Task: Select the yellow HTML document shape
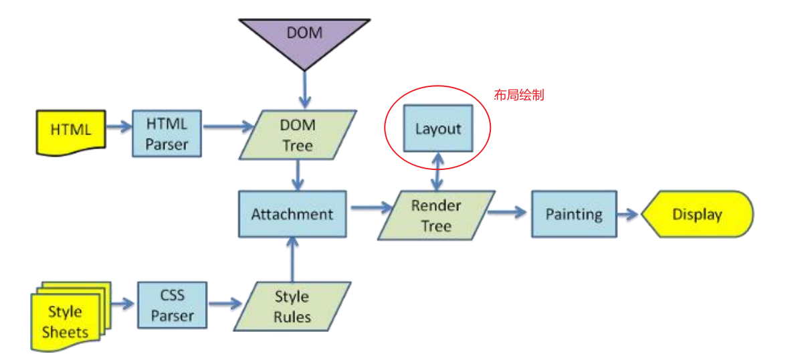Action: (x=70, y=131)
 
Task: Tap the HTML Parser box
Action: (x=167, y=133)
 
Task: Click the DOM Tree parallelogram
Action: (x=298, y=135)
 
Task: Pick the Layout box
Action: (x=438, y=128)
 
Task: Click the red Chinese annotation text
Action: (x=519, y=95)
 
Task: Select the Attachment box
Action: (x=292, y=214)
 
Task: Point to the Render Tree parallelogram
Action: (x=436, y=215)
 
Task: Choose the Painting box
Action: (x=574, y=214)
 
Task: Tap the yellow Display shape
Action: (x=697, y=214)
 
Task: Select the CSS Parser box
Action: (x=172, y=305)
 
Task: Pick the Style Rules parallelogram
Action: (x=292, y=306)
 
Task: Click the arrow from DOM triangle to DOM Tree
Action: (x=304, y=90)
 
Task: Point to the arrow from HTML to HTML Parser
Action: (x=119, y=127)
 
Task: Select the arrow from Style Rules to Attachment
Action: (x=293, y=260)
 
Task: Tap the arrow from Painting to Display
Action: (x=629, y=214)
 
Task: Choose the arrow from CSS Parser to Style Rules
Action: (x=225, y=304)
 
